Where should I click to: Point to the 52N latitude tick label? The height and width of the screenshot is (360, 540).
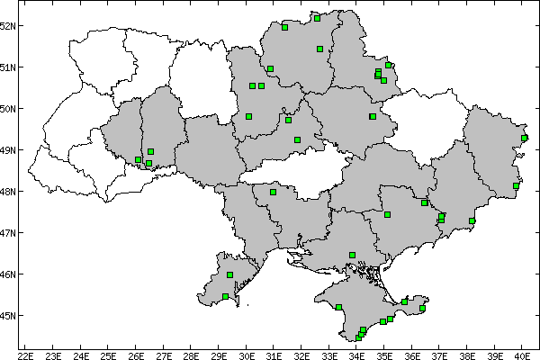click(x=10, y=25)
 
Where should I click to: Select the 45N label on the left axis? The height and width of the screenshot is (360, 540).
click(x=10, y=316)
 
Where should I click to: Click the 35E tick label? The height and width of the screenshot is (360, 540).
click(x=384, y=354)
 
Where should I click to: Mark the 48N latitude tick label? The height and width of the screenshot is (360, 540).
click(x=10, y=192)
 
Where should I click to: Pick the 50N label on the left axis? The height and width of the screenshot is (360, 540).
click(x=10, y=109)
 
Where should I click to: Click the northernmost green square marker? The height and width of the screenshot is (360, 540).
click(x=317, y=17)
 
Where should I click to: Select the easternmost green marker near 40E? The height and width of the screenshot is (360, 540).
click(x=525, y=138)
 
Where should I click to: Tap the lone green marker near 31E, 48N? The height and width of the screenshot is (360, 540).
click(x=273, y=192)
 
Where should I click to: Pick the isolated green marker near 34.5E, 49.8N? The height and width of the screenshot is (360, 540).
click(x=372, y=116)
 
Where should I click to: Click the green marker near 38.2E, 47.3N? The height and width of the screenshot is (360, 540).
click(x=472, y=220)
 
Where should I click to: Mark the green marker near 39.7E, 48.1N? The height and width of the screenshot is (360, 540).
click(x=516, y=186)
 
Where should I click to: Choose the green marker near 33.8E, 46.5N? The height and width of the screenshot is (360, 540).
click(x=352, y=255)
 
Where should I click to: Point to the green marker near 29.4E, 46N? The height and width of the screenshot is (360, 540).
click(x=229, y=274)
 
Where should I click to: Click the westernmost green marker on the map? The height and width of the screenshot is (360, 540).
click(x=138, y=159)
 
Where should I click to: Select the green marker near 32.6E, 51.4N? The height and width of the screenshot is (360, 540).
click(x=319, y=49)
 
